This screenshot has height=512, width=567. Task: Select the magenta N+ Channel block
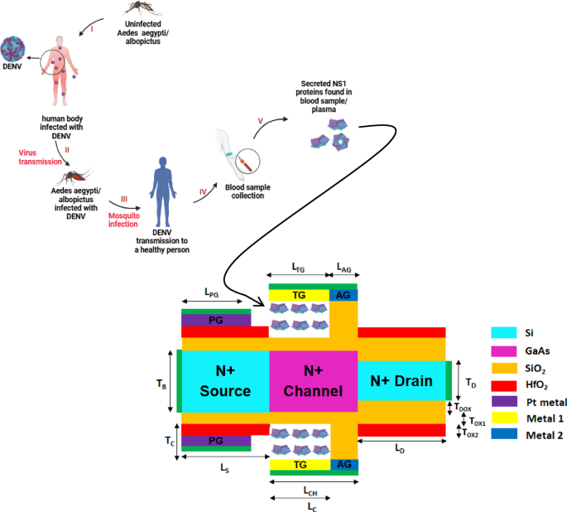(313, 382)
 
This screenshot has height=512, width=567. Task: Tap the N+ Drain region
(401, 381)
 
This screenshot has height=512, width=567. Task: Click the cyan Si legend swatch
(502, 332)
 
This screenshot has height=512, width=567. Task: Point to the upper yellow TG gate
(298, 296)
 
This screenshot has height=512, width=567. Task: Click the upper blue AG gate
(344, 296)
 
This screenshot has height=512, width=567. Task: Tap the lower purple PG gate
(215, 440)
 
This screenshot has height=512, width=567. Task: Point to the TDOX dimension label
(465, 407)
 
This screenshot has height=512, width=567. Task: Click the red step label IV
(202, 192)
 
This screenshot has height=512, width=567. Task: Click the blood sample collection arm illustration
(236, 152)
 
